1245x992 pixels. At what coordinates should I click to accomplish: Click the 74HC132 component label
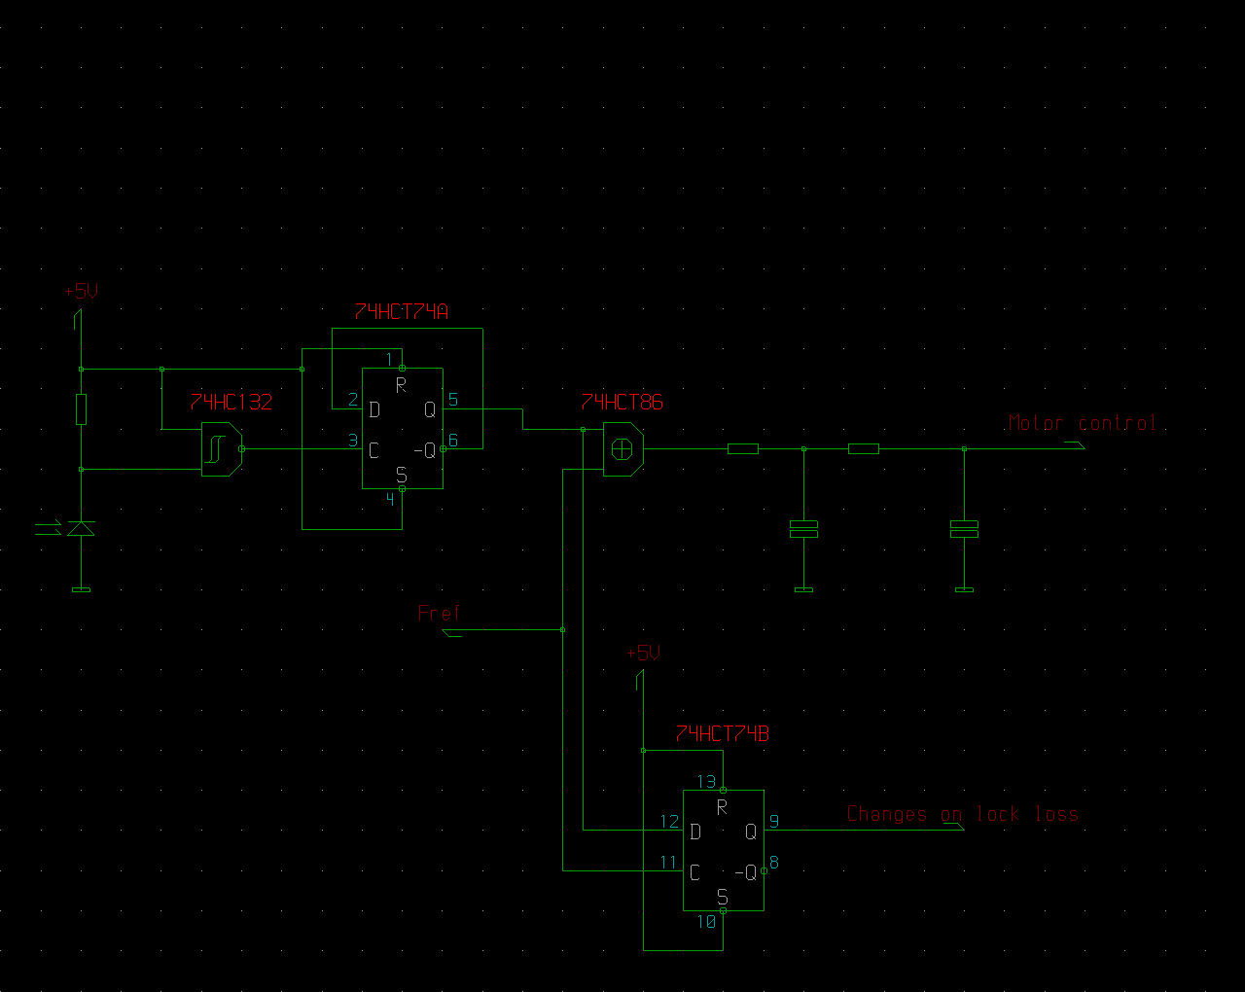(x=231, y=402)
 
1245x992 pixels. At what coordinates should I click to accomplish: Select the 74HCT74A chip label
(x=401, y=312)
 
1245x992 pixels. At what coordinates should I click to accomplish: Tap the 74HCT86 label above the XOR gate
(x=622, y=402)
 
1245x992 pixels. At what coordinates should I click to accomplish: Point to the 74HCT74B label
(x=722, y=734)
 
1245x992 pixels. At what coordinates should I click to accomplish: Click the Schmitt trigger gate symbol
(x=222, y=449)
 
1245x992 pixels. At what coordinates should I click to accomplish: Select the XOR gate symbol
(x=623, y=449)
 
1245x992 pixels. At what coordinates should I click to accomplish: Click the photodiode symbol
(x=81, y=528)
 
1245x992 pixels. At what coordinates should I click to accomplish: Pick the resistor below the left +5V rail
(x=81, y=409)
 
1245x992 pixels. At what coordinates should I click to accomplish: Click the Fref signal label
(x=439, y=613)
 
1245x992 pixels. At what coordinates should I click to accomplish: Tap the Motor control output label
(x=1082, y=423)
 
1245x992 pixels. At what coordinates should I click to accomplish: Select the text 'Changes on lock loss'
(x=963, y=814)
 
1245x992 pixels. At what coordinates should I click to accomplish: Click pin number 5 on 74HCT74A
(x=453, y=399)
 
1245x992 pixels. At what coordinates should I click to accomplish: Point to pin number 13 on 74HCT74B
(x=706, y=782)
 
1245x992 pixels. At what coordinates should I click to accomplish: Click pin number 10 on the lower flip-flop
(x=706, y=922)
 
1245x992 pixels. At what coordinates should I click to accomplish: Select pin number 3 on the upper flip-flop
(x=353, y=441)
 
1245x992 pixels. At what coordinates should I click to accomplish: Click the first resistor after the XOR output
(x=743, y=449)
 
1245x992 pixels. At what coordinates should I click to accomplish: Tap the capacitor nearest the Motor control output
(x=964, y=529)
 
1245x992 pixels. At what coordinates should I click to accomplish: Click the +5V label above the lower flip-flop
(x=643, y=653)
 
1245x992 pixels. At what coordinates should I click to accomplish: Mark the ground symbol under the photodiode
(x=81, y=590)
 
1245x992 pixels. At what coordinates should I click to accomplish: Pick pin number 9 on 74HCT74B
(x=774, y=822)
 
